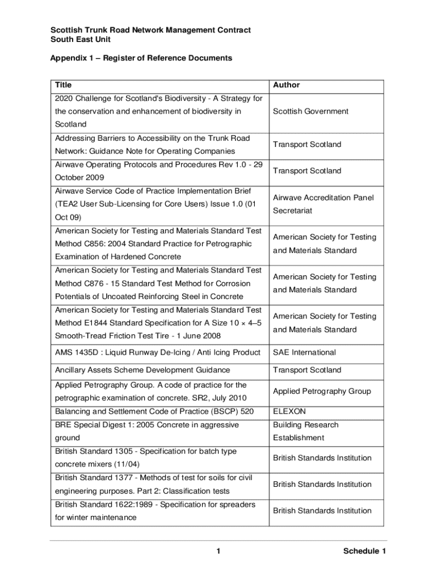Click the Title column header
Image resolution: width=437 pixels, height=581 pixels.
(64, 85)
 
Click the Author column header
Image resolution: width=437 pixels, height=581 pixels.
(286, 85)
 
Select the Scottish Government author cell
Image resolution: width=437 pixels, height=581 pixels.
(310, 112)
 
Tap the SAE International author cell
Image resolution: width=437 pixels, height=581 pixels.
(304, 352)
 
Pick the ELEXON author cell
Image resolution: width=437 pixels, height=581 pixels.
(289, 411)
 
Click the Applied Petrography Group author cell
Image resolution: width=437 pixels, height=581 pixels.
(322, 391)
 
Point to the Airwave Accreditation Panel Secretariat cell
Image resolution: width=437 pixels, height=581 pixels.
(323, 204)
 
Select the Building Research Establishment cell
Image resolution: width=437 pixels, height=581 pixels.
(305, 431)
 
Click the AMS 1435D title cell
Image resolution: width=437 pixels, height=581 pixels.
(157, 352)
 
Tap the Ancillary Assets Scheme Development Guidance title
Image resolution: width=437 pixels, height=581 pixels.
(142, 370)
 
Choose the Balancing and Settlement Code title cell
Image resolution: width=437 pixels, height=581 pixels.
(154, 411)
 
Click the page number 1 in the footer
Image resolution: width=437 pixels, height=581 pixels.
(218, 551)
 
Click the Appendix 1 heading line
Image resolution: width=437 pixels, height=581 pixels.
(141, 58)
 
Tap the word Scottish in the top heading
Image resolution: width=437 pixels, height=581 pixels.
(66, 30)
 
